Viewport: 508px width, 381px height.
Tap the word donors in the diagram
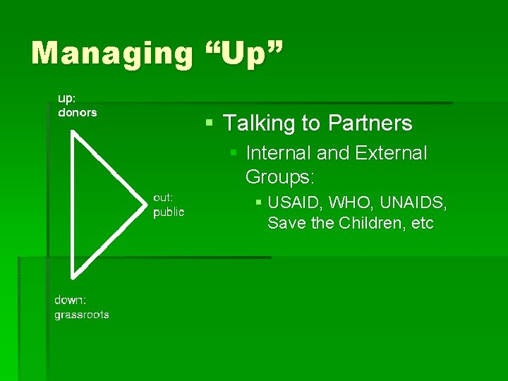pyautogui.click(x=77, y=112)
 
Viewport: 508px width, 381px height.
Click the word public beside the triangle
pyautogui.click(x=169, y=212)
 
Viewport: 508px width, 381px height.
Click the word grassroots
pyautogui.click(x=82, y=315)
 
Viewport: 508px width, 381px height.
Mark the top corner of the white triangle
pyautogui.click(x=73, y=132)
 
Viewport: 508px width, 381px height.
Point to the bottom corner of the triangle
pyautogui.click(x=73, y=275)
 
